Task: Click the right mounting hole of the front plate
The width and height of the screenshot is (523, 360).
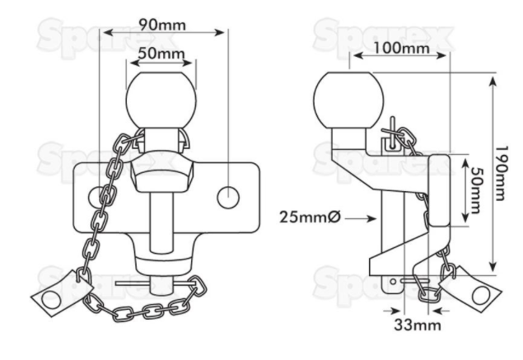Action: pos(228,196)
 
